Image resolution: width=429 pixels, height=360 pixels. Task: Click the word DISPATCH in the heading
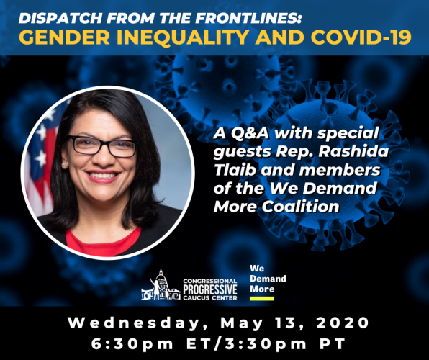click(60, 18)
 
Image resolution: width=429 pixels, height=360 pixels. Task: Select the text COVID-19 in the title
click(356, 37)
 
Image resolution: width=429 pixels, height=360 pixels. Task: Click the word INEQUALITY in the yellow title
click(183, 37)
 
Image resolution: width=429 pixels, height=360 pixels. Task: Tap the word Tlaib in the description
click(235, 171)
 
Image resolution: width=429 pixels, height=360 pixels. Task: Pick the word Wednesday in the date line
click(134, 323)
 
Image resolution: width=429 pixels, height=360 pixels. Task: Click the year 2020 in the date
click(343, 323)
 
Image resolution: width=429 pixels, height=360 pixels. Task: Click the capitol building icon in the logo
click(161, 285)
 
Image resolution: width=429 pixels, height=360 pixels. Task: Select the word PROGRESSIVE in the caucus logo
click(210, 289)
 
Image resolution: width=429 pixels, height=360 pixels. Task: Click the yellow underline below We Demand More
click(261, 298)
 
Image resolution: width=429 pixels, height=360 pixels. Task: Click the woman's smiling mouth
click(102, 176)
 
